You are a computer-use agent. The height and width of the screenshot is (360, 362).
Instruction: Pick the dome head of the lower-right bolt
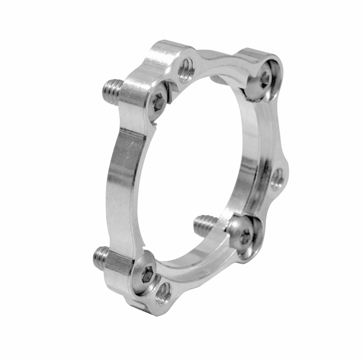[243, 233]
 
